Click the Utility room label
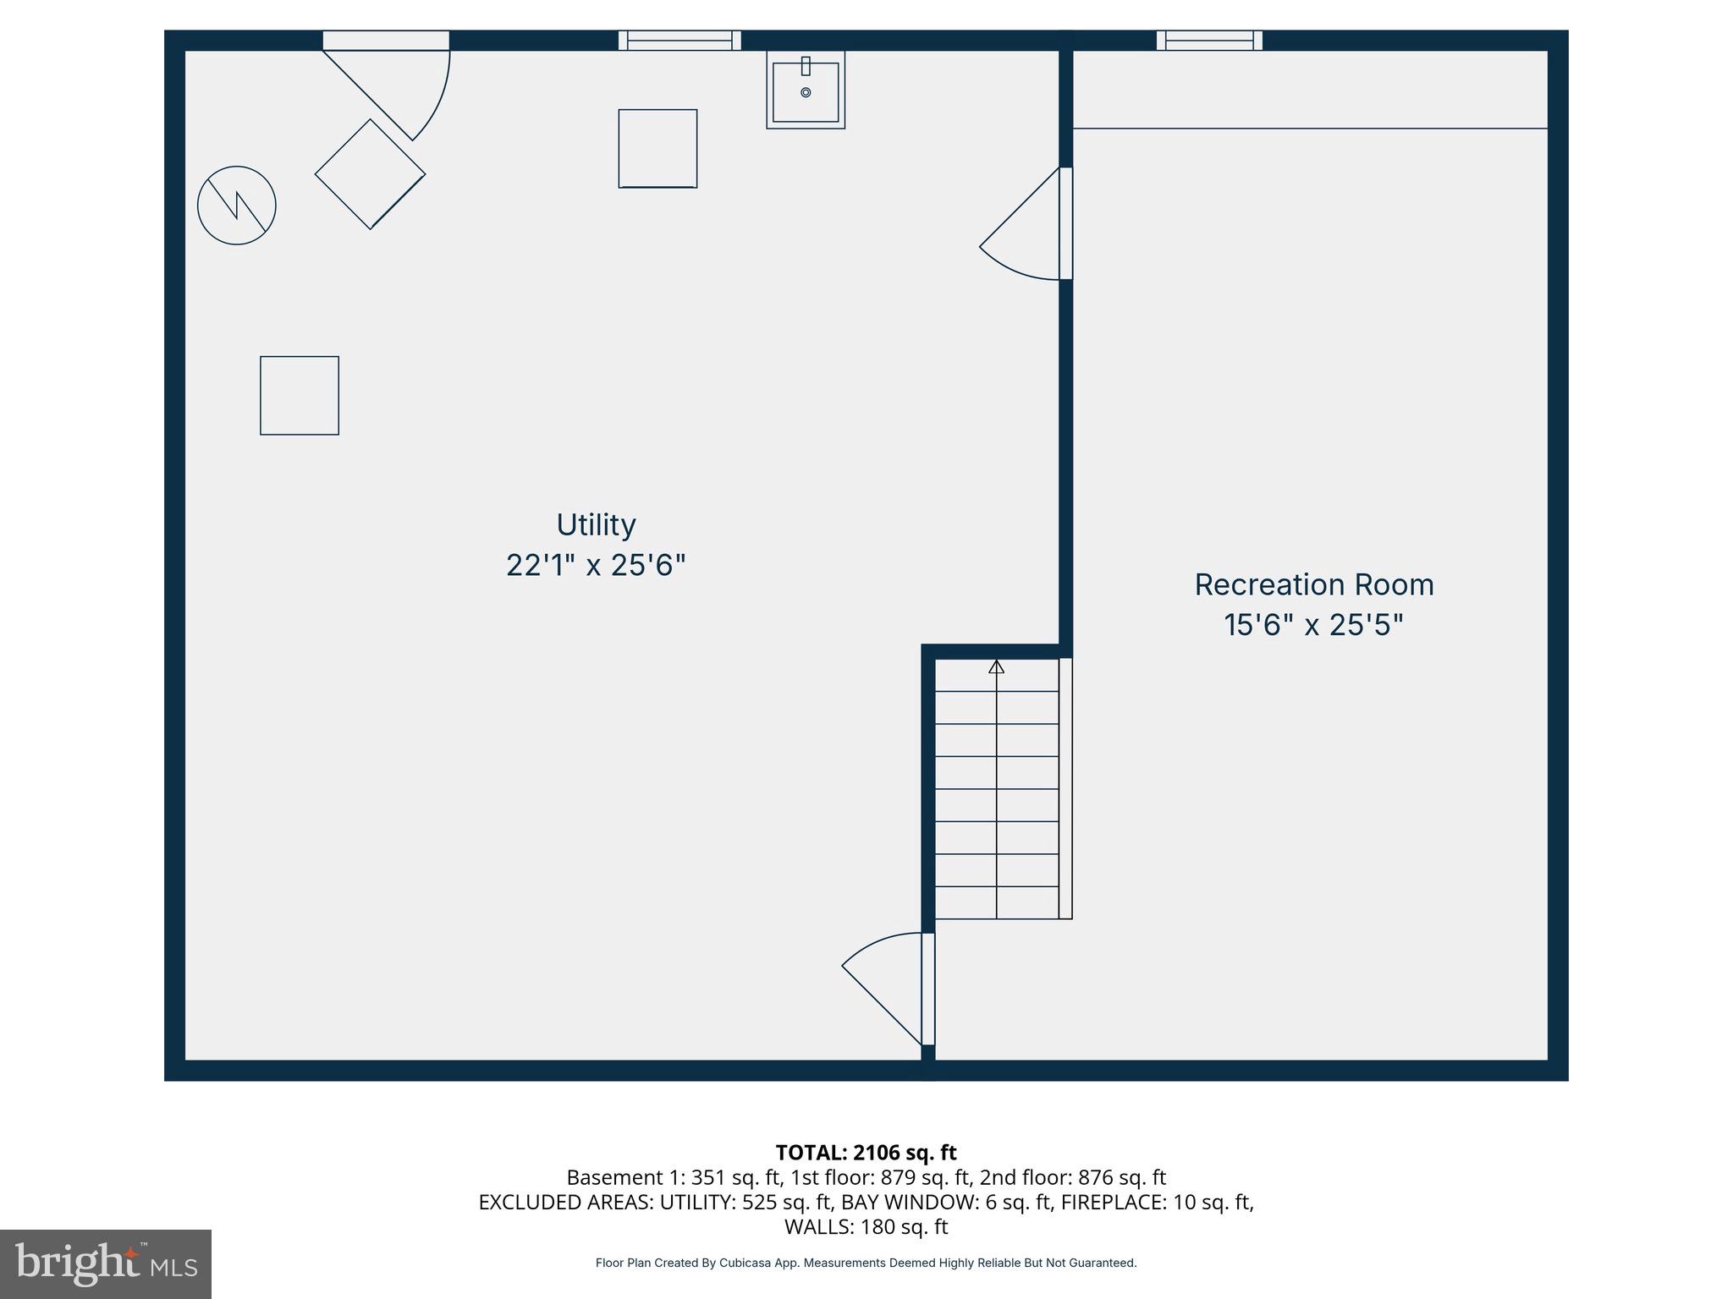point(596,525)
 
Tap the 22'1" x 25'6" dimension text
point(596,565)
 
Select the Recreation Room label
point(1313,585)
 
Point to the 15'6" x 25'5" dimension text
point(1313,625)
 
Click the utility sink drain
point(806,92)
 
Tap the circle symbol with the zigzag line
point(237,206)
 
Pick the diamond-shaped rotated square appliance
point(370,174)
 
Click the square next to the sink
point(657,149)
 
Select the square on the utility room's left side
point(300,396)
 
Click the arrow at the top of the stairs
point(997,667)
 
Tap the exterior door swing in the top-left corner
point(398,89)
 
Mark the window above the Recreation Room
point(1209,41)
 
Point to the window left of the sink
point(679,41)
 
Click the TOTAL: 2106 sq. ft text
point(866,1153)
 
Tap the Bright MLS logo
point(106,1264)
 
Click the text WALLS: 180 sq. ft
point(866,1226)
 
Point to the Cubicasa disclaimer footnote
point(866,1263)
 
